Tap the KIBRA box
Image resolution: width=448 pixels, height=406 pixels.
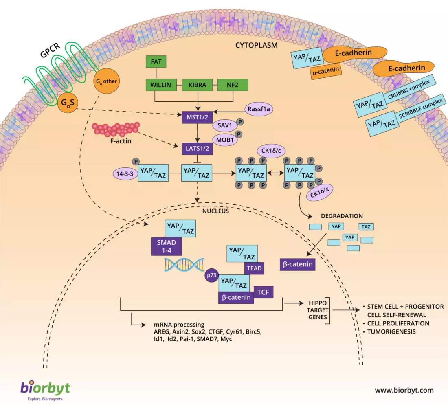198,86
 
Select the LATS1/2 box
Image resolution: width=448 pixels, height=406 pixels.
198,149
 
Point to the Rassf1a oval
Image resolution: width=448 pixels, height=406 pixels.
259,109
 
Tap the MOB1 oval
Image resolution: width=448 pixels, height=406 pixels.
224,140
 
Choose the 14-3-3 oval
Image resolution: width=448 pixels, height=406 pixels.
126,174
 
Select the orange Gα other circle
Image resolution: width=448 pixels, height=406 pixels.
107,81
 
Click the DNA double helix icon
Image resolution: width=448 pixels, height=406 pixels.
184,265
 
